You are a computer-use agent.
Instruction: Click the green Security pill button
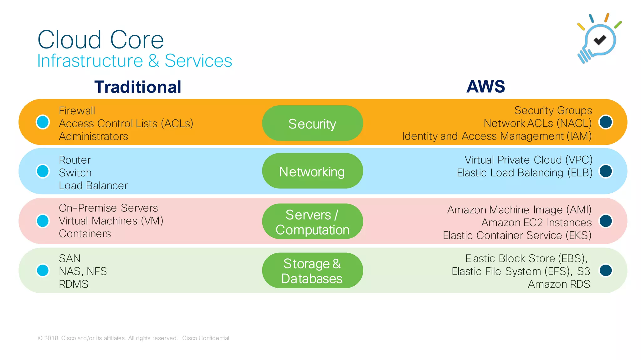tap(312, 123)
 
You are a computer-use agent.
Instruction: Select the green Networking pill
tap(312, 171)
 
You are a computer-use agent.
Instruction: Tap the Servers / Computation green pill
tap(312, 221)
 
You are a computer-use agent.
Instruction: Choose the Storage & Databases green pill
tap(312, 271)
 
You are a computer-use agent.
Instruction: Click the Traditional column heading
tap(138, 87)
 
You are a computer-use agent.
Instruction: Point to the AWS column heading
tap(485, 86)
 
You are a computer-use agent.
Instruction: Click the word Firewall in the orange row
tap(77, 111)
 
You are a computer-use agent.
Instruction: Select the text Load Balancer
tap(93, 185)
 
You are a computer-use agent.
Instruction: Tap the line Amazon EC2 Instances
tap(536, 222)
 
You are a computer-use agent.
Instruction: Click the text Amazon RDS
tap(559, 284)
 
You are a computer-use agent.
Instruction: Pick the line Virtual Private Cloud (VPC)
tap(528, 160)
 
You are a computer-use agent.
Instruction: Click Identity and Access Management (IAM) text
tap(497, 136)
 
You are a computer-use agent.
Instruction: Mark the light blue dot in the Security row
tap(43, 122)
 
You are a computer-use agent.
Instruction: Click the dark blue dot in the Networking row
tap(606, 171)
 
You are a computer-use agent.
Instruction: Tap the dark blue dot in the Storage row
tap(606, 271)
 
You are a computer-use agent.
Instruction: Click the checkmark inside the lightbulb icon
tap(600, 40)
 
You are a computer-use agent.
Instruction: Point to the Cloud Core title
tap(100, 40)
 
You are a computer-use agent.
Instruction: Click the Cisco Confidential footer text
tap(205, 338)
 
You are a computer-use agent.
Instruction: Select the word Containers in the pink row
tap(85, 234)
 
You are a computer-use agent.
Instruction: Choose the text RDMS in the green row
tap(74, 284)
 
